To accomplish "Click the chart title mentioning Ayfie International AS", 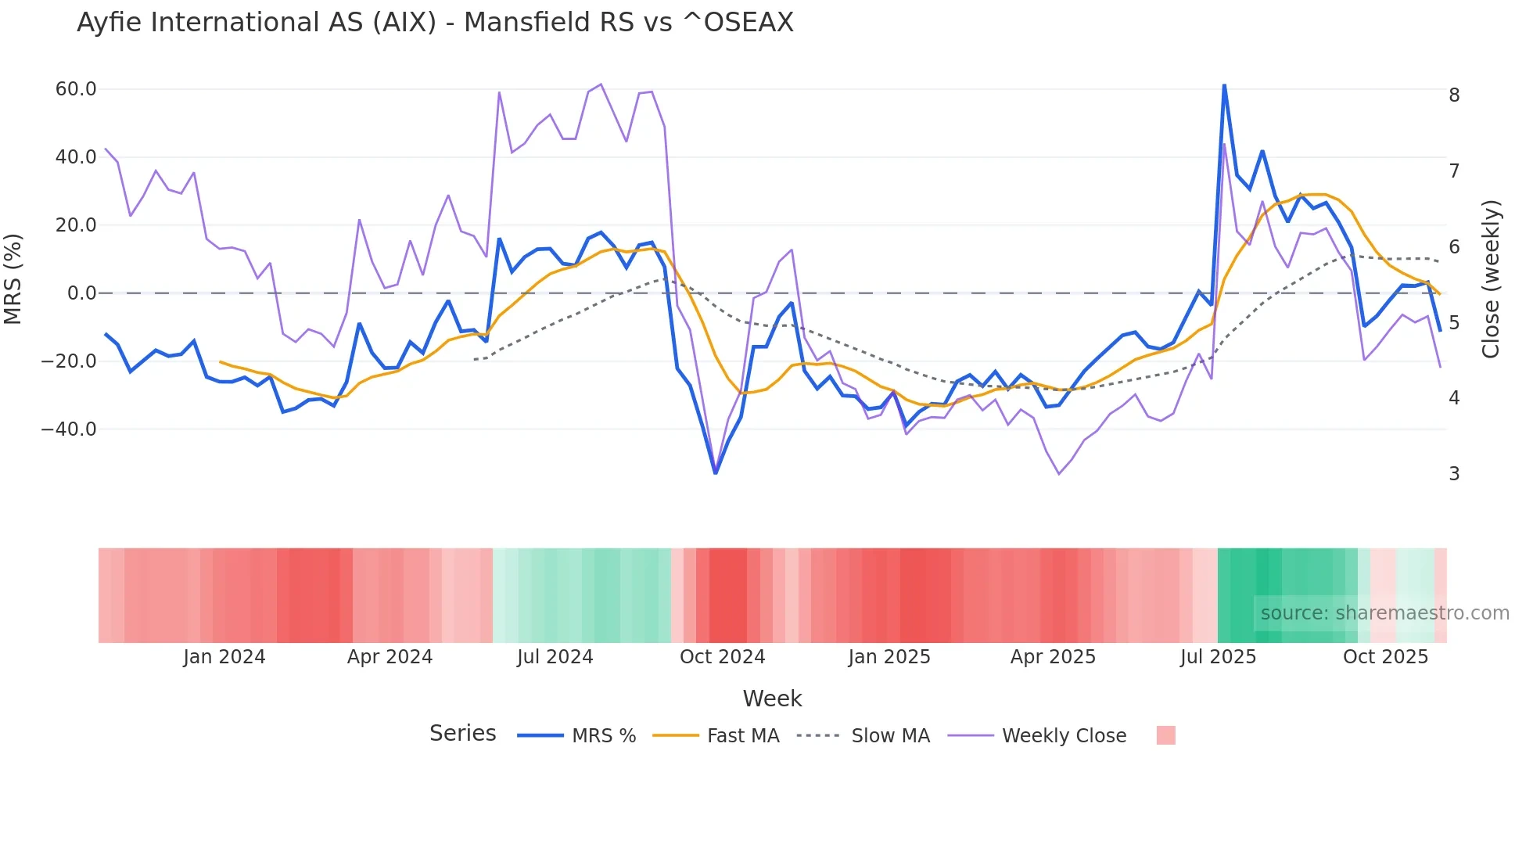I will [435, 23].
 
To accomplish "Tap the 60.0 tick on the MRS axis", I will [76, 89].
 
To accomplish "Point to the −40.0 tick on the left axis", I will [69, 429].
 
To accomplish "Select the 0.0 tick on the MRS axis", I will [81, 293].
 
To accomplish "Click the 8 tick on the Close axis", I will [1454, 95].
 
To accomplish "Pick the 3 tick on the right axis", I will [1454, 474].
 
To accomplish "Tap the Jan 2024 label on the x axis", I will [224, 657].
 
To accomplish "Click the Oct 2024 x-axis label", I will [722, 657].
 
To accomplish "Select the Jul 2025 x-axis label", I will [1218, 657].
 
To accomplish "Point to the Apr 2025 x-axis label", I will [1053, 657].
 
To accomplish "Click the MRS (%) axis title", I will [13, 278].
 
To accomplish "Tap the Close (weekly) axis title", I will [1492, 279].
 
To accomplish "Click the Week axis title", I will [772, 699].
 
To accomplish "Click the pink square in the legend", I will [1165, 735].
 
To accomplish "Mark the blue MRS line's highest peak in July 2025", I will [1224, 85].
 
